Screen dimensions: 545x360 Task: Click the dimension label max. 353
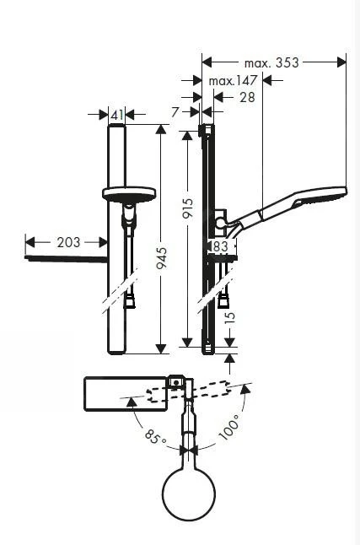[x=272, y=62]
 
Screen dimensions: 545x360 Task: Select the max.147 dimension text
[x=234, y=81]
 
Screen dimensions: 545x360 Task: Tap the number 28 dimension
[x=246, y=98]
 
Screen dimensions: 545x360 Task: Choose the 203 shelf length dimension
[x=68, y=242]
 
